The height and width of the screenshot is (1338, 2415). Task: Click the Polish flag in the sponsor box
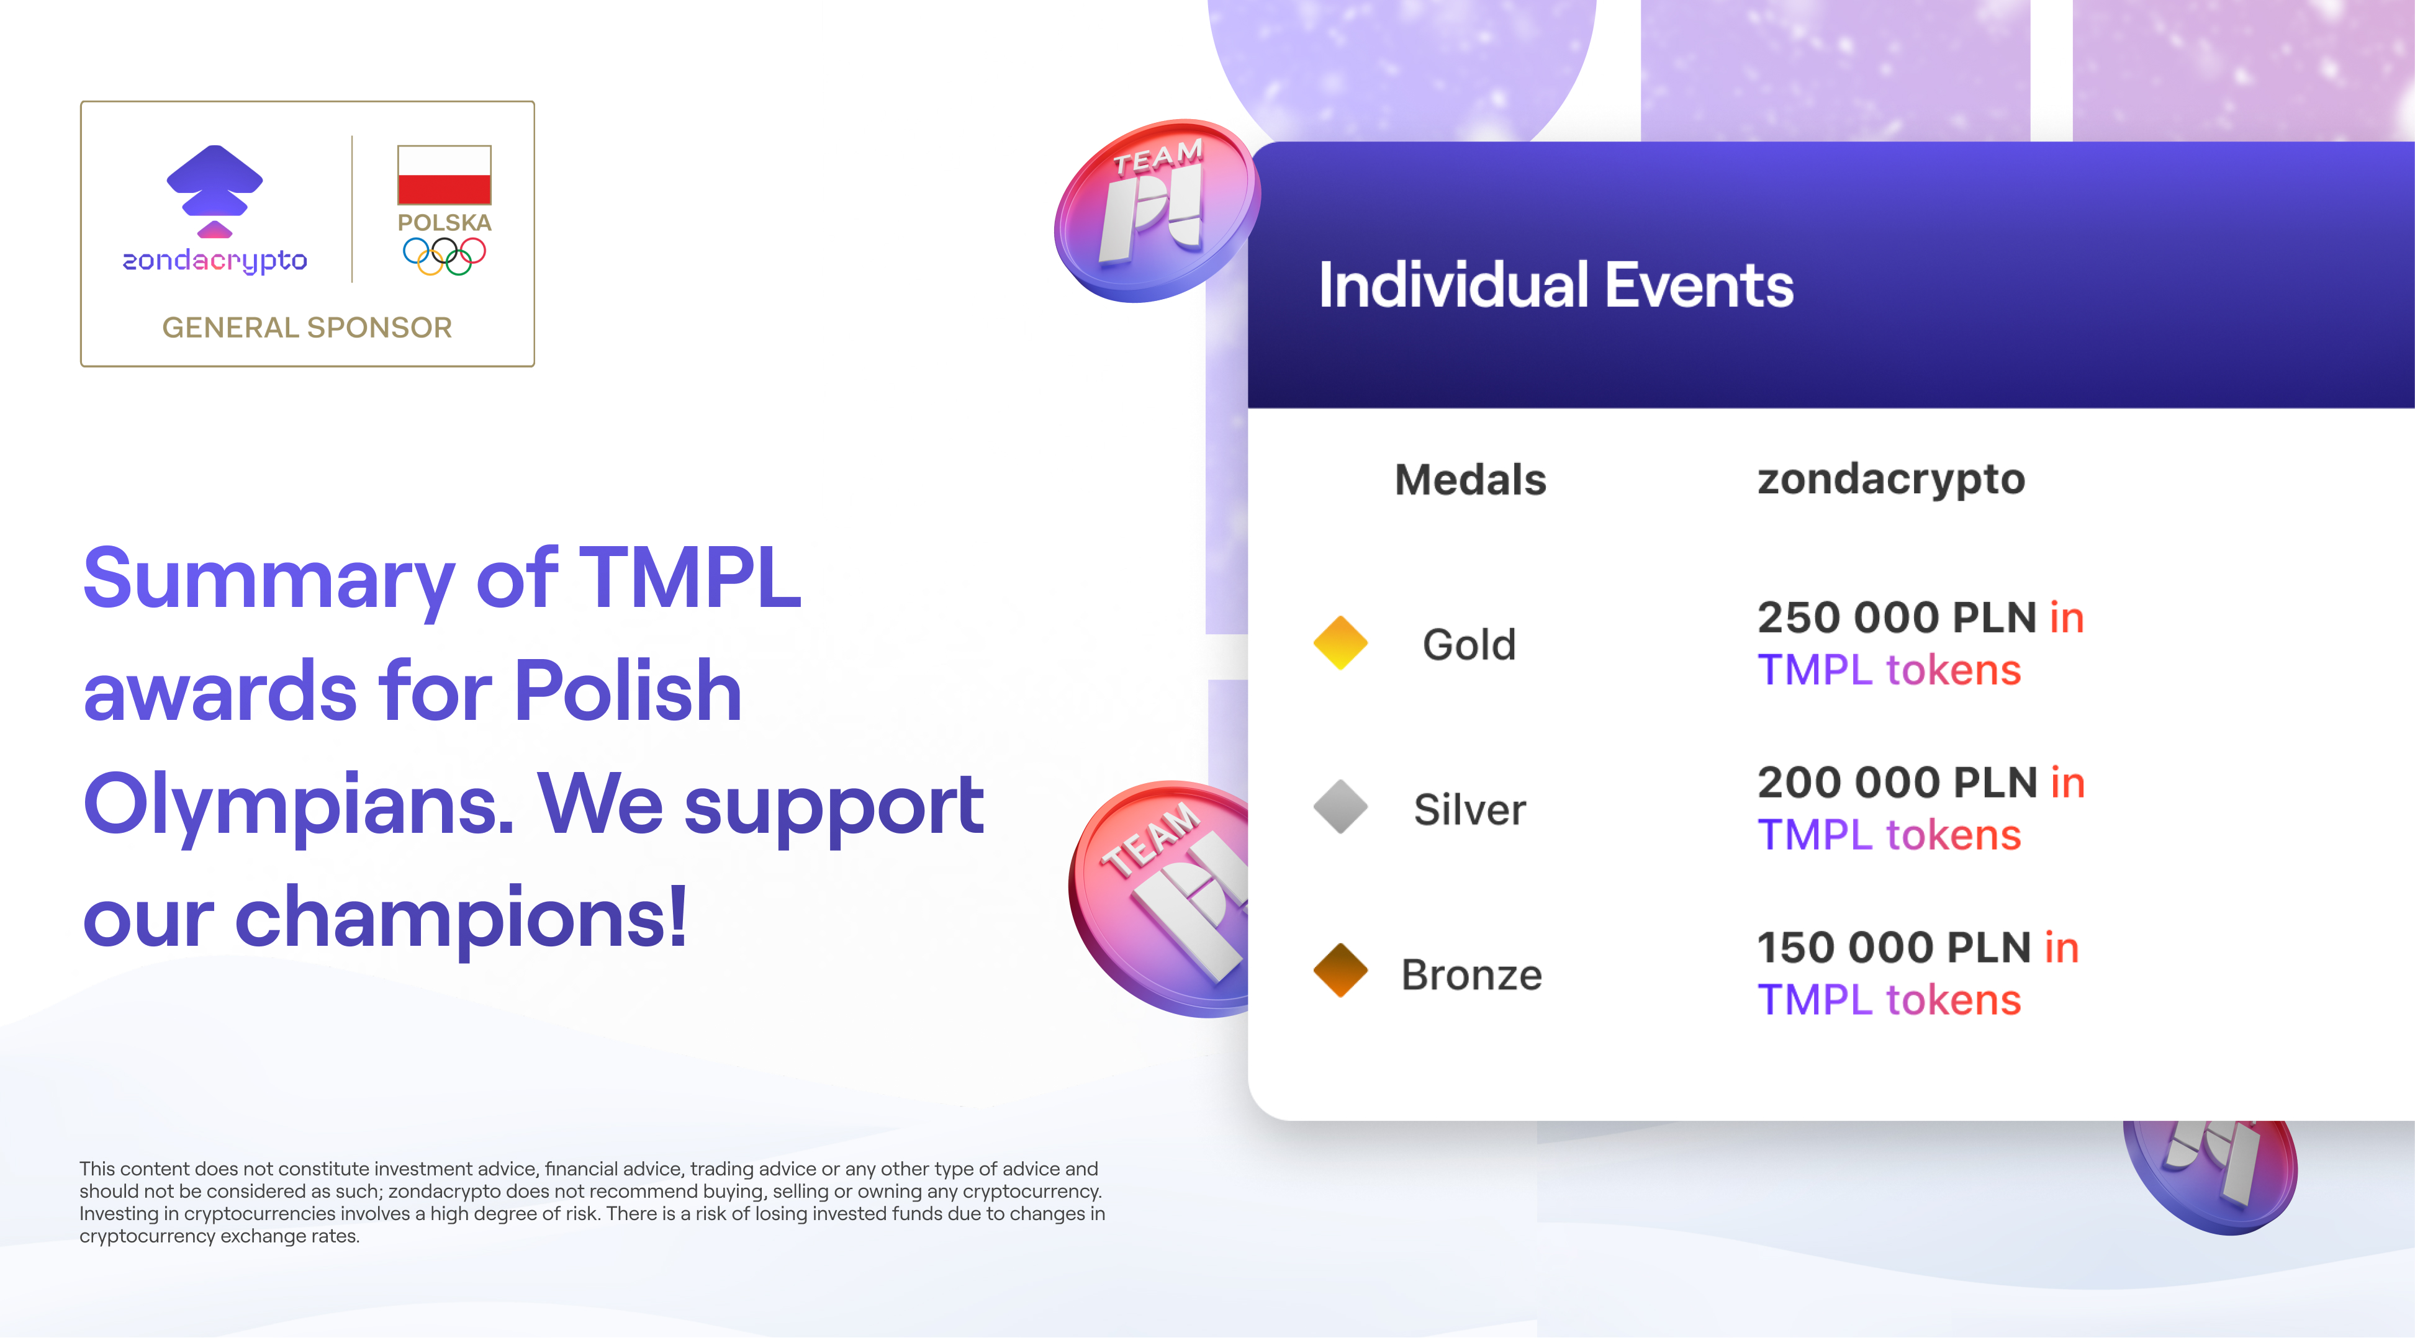[445, 175]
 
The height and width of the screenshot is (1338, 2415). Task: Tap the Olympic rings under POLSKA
[445, 255]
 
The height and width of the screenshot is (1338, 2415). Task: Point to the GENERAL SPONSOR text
[307, 327]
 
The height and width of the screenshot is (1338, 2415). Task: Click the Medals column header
[1470, 480]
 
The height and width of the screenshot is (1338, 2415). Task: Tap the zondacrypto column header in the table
[1891, 479]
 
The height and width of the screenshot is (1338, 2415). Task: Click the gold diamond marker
[1340, 643]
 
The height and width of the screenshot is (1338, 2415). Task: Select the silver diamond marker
[1340, 807]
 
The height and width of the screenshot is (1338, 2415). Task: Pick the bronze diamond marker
[1340, 971]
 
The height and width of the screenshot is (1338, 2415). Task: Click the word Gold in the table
[1469, 645]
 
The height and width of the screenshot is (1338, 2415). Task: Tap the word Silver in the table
[1469, 809]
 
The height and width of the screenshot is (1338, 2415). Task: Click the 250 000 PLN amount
[1897, 617]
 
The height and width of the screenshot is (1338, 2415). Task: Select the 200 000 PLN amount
[1897, 783]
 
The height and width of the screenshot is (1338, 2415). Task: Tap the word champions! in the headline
[461, 917]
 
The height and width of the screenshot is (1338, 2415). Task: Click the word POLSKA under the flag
[445, 223]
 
